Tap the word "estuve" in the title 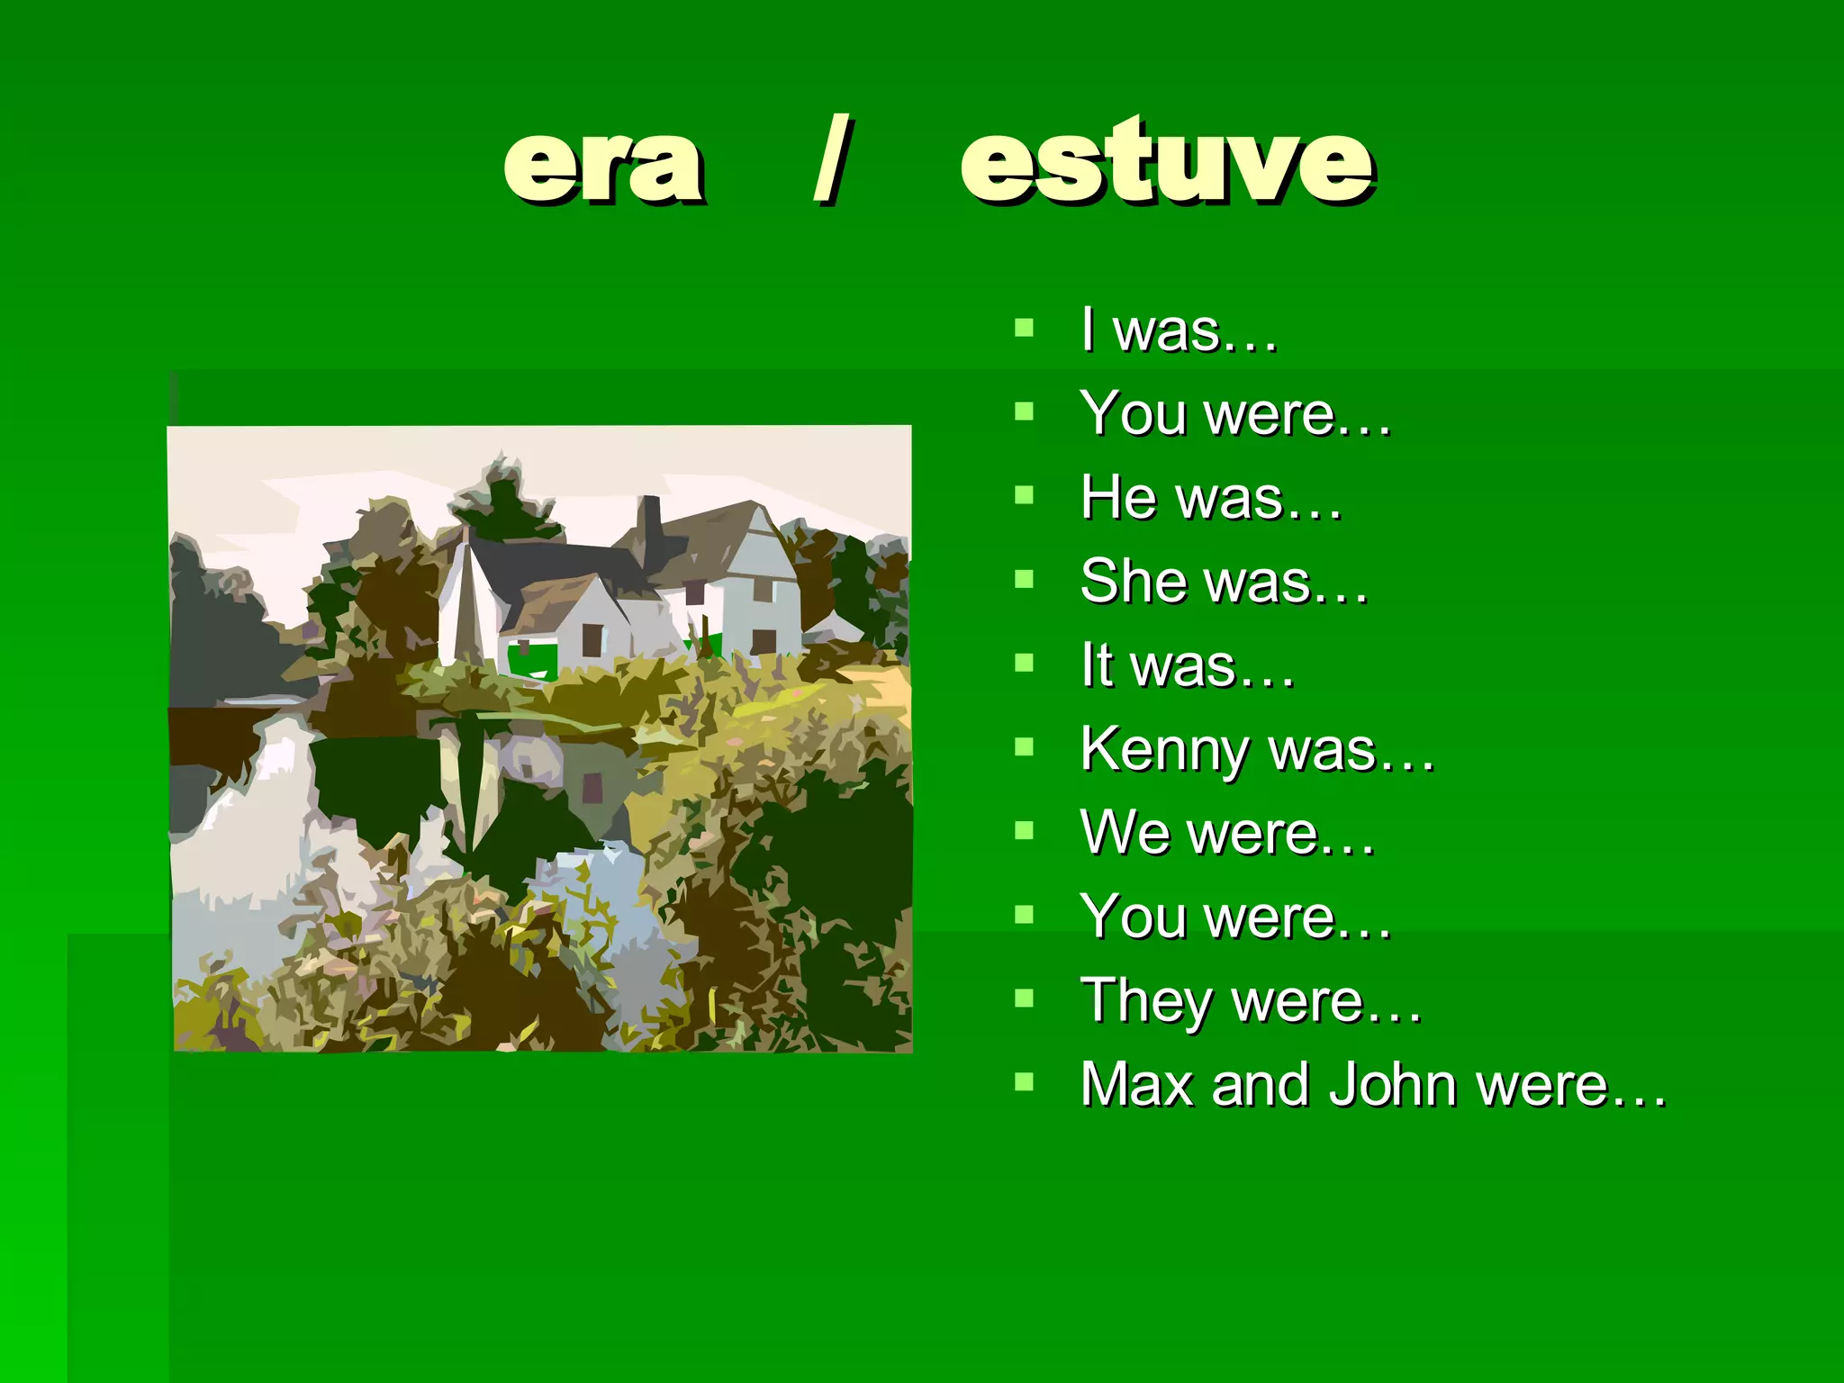(1167, 162)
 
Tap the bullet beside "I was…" (1024, 327)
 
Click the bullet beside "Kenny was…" (1024, 746)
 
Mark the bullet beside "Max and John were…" (1024, 1081)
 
